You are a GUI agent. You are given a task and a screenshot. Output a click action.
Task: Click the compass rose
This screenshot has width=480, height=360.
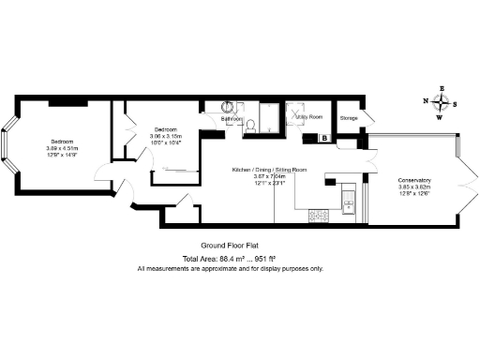(x=442, y=102)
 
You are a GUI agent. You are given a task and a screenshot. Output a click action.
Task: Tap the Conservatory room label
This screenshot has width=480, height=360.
(x=414, y=180)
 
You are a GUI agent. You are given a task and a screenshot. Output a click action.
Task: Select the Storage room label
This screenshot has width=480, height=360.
(x=349, y=118)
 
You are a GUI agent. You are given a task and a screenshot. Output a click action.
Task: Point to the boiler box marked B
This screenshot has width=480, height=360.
(x=324, y=138)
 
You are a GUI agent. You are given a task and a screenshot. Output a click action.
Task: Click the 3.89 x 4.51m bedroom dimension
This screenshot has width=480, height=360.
(x=62, y=148)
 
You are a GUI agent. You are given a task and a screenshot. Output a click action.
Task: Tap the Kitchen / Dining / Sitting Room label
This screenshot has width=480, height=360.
(x=270, y=170)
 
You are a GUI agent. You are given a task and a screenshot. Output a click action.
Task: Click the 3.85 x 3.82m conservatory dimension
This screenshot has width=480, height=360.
(x=414, y=187)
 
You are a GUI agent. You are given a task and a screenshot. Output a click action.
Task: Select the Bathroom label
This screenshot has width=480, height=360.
(x=233, y=119)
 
